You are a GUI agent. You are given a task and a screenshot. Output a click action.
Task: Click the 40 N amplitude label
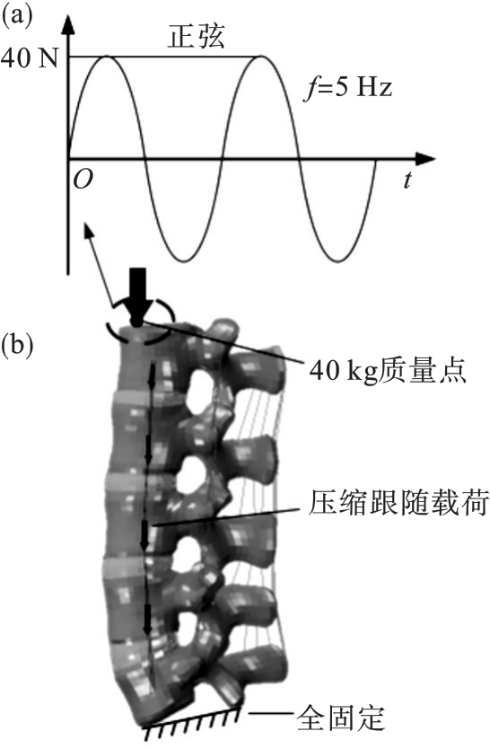coord(30,58)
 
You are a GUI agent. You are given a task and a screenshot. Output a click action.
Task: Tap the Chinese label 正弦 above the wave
coord(196,36)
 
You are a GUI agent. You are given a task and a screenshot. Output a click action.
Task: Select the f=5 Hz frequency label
coord(348,88)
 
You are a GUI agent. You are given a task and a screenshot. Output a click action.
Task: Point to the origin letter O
coord(83,180)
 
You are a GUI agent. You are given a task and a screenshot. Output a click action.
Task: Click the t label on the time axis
coord(407,181)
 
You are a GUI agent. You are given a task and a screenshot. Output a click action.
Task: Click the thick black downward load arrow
coord(137,296)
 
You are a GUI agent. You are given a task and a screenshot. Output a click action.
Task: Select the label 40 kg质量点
coord(387,371)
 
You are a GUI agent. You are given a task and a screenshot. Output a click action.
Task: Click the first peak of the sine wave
coord(107,57)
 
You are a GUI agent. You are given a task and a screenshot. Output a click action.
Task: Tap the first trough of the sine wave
coord(184,260)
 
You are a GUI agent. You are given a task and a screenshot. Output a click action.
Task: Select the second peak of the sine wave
coord(261,57)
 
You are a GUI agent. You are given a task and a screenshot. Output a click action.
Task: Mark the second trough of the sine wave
coord(337,260)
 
